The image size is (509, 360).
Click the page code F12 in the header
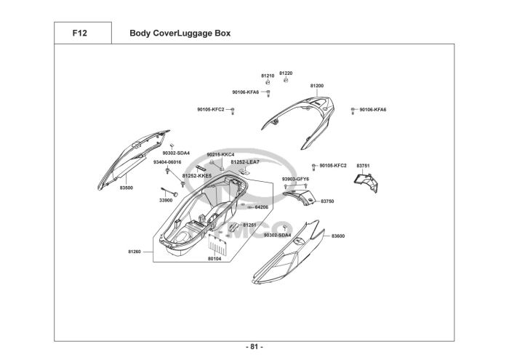(81, 33)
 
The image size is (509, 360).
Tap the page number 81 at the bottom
(254, 346)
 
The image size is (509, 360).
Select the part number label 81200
(317, 86)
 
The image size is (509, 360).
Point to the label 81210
(268, 76)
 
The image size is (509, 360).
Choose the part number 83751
(363, 166)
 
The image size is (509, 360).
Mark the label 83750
(327, 201)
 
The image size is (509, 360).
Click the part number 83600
(337, 236)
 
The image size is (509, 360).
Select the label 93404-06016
(167, 161)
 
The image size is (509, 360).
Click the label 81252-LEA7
(245, 161)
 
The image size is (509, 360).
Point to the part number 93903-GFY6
(295, 178)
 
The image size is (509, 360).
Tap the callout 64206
(262, 207)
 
